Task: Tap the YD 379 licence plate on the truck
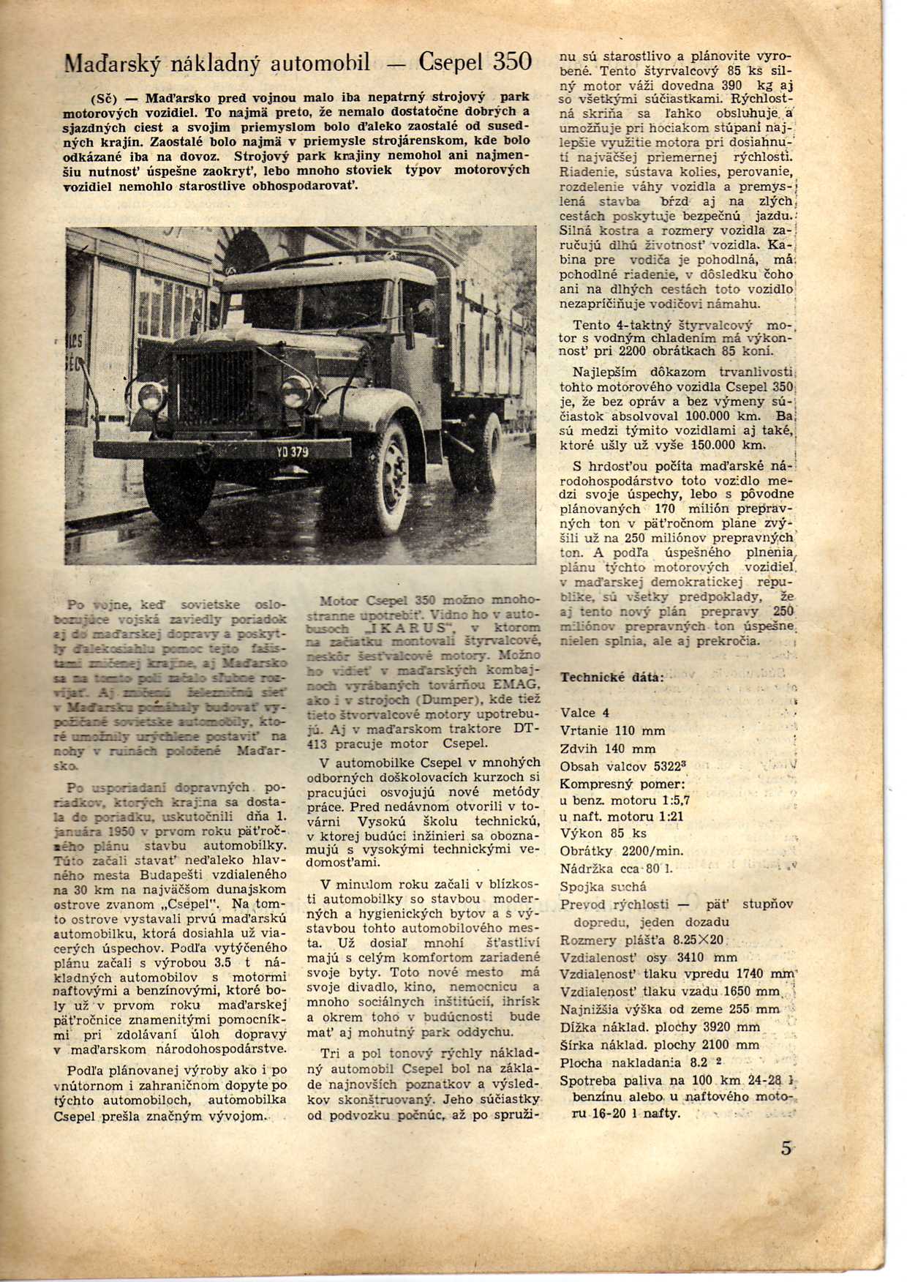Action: pyautogui.click(x=292, y=451)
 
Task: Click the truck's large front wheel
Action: pyautogui.click(x=388, y=468)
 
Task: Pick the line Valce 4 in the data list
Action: pyautogui.click(x=584, y=713)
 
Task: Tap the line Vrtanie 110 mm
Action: pyautogui.click(x=612, y=730)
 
